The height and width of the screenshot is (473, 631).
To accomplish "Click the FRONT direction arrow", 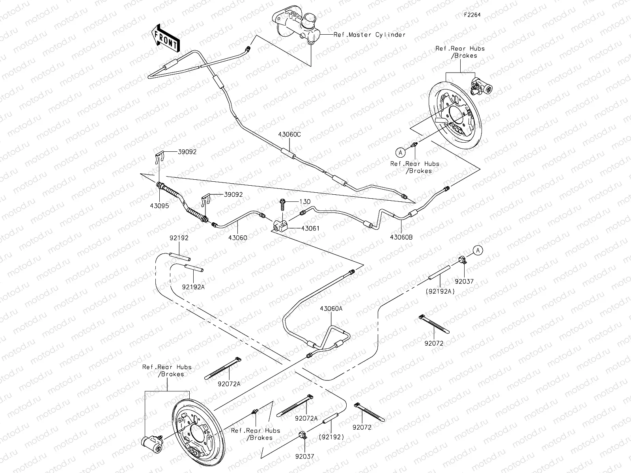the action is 165,38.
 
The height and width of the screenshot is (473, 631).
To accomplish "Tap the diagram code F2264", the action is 472,15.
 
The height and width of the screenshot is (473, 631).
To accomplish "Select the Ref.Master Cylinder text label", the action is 370,35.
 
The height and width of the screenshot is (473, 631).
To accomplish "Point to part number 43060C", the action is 289,134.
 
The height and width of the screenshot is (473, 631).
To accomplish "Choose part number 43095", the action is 159,206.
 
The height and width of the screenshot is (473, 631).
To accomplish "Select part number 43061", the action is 310,228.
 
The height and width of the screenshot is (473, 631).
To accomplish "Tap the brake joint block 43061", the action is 280,225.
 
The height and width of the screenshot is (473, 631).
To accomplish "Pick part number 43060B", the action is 401,237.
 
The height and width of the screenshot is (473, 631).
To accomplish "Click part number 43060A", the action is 331,309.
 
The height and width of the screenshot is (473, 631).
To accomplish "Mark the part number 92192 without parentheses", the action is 179,238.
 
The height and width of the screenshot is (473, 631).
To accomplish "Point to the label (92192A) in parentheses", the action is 440,292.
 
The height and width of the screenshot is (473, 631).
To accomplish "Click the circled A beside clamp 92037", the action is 478,250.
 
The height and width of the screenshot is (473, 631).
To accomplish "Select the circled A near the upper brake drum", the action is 400,153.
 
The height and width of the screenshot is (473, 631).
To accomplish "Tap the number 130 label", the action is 305,201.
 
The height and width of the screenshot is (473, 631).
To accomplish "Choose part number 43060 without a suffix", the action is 238,238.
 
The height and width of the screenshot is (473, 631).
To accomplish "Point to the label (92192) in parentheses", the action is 331,437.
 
